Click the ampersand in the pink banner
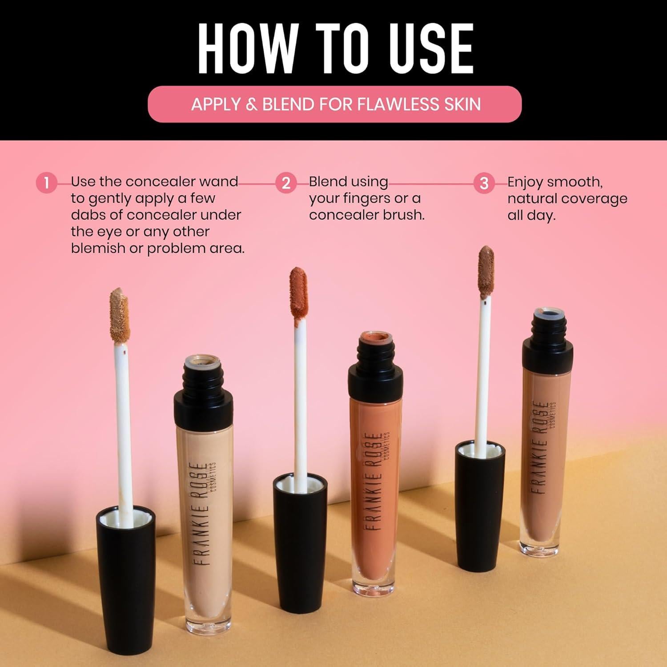click(251, 104)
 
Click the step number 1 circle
click(46, 183)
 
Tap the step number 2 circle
click(286, 183)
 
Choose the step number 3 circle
click(484, 183)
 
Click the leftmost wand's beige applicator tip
click(120, 315)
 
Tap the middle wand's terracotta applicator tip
click(298, 292)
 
